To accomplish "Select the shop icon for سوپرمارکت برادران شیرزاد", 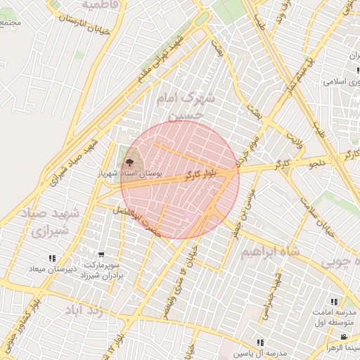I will pyautogui.click(x=101, y=255).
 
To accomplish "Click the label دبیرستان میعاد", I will pyautogui.click(x=53, y=269).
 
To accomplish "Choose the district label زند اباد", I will pyautogui.click(x=85, y=310).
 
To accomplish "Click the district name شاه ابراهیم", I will pyautogui.click(x=266, y=252).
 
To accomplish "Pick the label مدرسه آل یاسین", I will pyautogui.click(x=262, y=353).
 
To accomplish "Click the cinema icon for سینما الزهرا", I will pyautogui.click(x=345, y=337).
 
